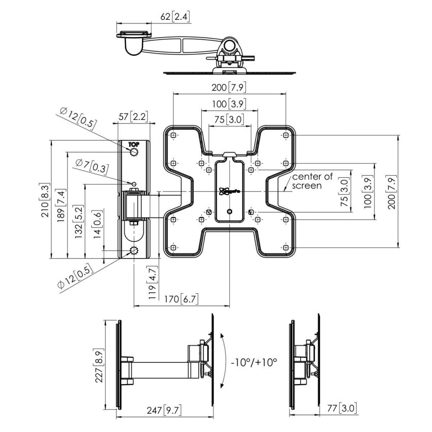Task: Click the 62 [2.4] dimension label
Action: (x=175, y=17)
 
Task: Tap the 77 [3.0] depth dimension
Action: (x=348, y=407)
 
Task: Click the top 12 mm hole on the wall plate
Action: (x=134, y=152)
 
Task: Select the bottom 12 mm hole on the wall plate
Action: (x=134, y=251)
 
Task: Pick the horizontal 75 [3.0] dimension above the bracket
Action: (x=229, y=119)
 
